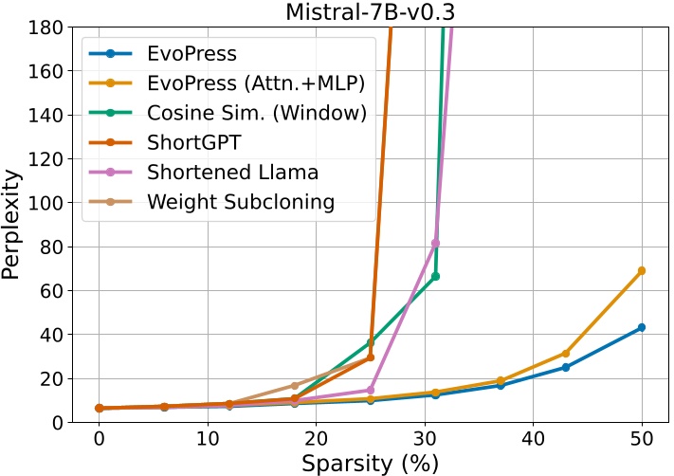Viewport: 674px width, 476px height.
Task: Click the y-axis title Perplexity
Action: pos(12,225)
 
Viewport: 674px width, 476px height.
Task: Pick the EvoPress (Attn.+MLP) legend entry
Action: pos(255,83)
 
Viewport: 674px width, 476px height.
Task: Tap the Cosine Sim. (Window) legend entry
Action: pos(256,113)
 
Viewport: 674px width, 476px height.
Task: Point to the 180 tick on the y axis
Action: pos(46,27)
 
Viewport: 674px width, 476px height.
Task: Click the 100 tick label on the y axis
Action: pos(46,203)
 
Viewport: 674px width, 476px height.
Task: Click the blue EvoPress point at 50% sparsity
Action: pos(642,327)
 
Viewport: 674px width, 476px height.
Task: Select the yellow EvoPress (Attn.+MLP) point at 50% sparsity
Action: pos(642,270)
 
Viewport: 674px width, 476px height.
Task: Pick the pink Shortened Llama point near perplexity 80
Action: pos(435,243)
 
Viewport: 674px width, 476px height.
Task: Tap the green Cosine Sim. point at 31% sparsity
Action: pos(435,276)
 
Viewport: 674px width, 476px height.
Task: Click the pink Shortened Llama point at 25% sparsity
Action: pos(371,390)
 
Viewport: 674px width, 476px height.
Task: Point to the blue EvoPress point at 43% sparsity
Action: pos(566,367)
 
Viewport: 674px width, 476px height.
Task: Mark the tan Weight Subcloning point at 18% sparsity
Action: pos(295,386)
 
